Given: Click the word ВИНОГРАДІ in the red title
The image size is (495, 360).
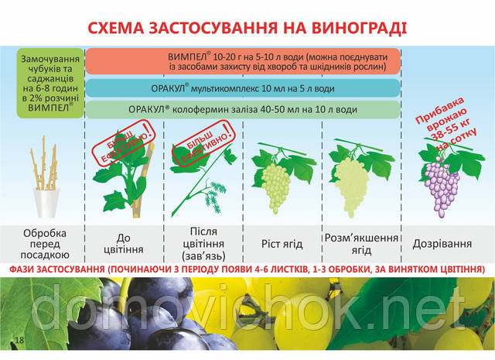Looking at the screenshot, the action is coord(359,28).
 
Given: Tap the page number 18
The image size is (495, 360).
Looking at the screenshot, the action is coord(19,340).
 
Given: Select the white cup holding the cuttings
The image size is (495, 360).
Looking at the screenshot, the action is coord(46,203).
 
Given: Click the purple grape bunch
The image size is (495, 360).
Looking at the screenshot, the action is coord(442,186).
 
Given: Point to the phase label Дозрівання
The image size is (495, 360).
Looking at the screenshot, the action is coord(442,244).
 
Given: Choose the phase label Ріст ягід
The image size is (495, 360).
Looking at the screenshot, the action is coord(282,244).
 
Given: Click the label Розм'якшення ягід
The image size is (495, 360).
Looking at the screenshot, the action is coord(361,244).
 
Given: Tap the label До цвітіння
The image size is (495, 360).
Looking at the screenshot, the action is coord(124,244).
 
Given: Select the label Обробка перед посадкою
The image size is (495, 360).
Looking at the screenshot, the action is coord(45,244).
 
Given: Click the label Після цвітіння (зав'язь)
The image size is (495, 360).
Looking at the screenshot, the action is coord(203,244).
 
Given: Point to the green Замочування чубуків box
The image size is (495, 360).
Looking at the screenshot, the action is coord(50,83).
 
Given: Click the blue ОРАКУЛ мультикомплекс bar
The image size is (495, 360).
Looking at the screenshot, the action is coord(243,88).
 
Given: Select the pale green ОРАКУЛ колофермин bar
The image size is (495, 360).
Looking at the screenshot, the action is coord(243,110).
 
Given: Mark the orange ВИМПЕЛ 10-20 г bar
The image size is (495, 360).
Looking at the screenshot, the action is coord(243,61).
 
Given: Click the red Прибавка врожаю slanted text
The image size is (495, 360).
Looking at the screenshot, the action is coord(445,124).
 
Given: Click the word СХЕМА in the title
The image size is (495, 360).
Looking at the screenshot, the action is coord(115,28).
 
